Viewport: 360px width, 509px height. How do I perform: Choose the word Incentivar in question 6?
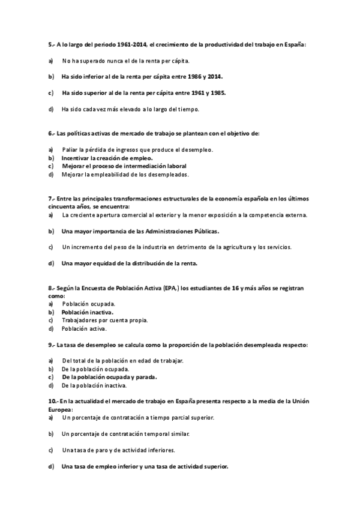[x=76, y=158]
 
